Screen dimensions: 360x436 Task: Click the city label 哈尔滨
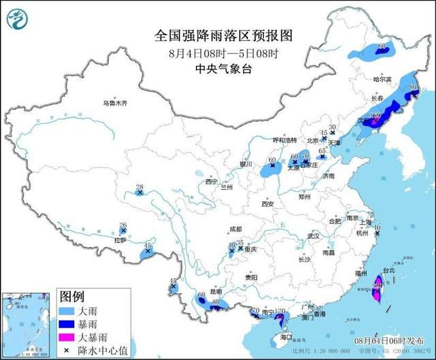(x=384, y=79)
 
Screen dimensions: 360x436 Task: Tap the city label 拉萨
(x=120, y=240)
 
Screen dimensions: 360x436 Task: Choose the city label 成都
(x=236, y=229)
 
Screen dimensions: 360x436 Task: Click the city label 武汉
(x=313, y=235)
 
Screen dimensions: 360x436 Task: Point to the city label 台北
(x=388, y=270)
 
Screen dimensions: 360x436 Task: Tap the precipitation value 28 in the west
(x=140, y=187)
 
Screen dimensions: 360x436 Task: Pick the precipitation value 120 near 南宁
(x=279, y=311)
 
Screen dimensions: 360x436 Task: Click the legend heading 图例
(x=72, y=296)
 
